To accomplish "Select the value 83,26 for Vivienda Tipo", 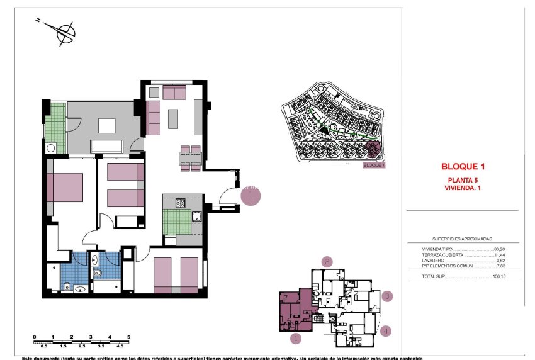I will click(x=500, y=250).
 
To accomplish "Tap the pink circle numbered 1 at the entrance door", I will click(x=251, y=196).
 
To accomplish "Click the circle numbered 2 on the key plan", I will click(x=327, y=262).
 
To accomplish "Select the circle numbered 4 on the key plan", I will click(x=386, y=330).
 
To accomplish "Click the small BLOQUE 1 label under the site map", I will click(x=374, y=165).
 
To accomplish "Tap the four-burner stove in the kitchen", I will click(x=180, y=203).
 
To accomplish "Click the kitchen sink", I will click(x=196, y=218).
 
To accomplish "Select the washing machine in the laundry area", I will click(x=50, y=149).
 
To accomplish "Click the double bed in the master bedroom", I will click(x=65, y=187).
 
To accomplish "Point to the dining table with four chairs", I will click(x=190, y=158).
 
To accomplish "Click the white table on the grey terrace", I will click(x=106, y=127).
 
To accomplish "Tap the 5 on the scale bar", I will click(x=128, y=337).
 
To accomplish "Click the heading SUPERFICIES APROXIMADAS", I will click(x=462, y=239).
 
